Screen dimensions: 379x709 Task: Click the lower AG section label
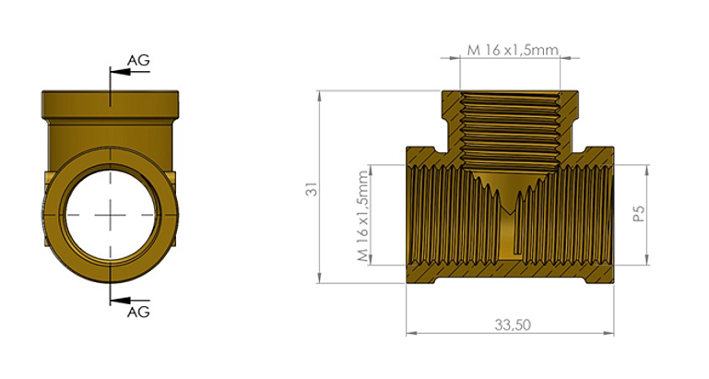click(x=137, y=312)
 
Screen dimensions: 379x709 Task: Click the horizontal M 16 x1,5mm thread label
click(x=512, y=50)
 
